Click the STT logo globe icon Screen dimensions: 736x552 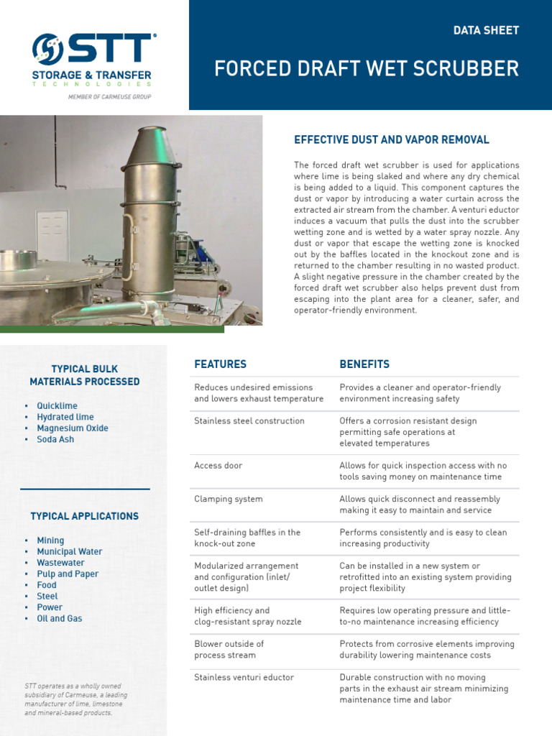(48, 49)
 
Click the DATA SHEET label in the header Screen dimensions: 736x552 (486, 30)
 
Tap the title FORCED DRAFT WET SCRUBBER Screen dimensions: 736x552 (367, 68)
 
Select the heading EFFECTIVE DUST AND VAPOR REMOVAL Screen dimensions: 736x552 (392, 139)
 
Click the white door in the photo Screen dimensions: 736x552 (52, 236)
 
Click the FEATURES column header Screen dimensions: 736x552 (220, 364)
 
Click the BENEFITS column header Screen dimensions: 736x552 (364, 364)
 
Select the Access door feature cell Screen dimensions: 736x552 (218, 466)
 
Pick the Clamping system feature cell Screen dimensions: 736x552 (229, 499)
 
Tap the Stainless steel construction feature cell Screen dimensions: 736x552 (249, 421)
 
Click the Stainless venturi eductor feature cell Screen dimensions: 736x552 (244, 677)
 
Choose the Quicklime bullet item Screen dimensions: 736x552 (57, 406)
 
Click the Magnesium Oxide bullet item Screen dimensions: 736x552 (73, 428)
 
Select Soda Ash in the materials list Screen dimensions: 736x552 (55, 439)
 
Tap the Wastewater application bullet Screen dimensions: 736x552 (60, 563)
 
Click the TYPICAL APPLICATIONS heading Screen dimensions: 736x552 (85, 516)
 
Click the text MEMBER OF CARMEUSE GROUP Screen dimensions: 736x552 (109, 96)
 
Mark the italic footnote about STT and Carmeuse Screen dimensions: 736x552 (77, 699)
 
